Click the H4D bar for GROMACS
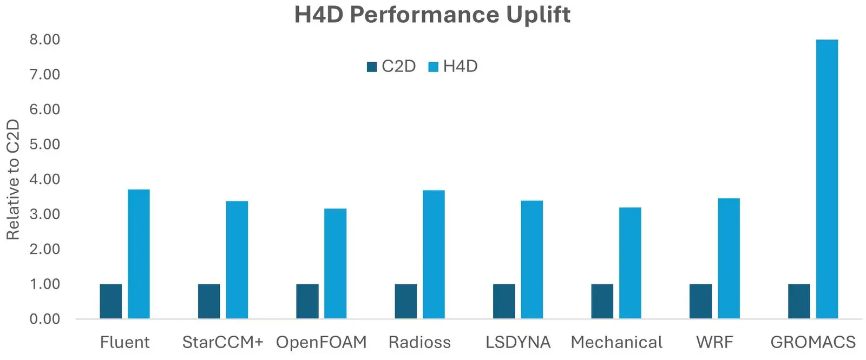(x=827, y=179)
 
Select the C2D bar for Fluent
(x=111, y=301)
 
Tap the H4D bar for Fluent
(x=139, y=254)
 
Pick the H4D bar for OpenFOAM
(x=335, y=264)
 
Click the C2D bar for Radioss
(x=406, y=301)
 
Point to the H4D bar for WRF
(x=729, y=258)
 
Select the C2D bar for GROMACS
(x=799, y=301)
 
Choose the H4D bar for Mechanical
(x=630, y=263)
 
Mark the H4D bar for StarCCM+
(x=237, y=260)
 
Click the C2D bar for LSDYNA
(x=504, y=301)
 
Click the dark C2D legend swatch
(x=372, y=67)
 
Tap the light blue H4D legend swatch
(x=434, y=67)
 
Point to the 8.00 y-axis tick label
(x=45, y=40)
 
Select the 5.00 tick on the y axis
(x=45, y=144)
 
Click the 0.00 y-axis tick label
(x=45, y=319)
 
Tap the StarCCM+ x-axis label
(x=222, y=342)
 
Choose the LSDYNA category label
(x=518, y=342)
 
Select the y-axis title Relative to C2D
(x=13, y=179)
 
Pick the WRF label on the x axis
(x=715, y=342)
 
